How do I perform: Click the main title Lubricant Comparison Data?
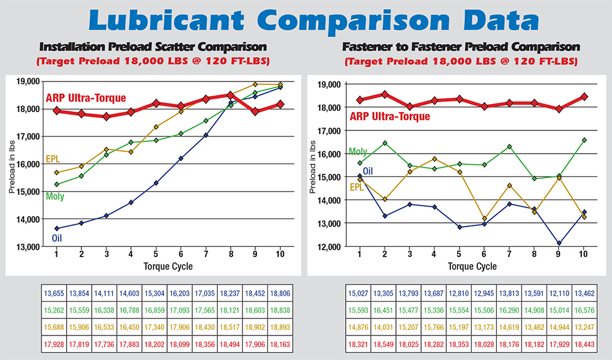tap(306, 21)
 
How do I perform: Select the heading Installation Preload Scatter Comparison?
tap(152, 47)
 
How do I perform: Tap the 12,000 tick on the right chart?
tap(330, 247)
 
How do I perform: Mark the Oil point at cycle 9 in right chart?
tap(559, 243)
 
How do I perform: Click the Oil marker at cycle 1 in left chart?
tap(57, 228)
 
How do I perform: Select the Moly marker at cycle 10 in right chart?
tap(584, 140)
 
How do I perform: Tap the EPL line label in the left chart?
tap(53, 159)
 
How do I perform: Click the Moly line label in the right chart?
tap(358, 151)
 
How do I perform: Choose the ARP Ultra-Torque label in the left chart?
tap(86, 98)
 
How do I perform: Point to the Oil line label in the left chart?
tap(57, 238)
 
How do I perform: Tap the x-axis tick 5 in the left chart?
tap(156, 253)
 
